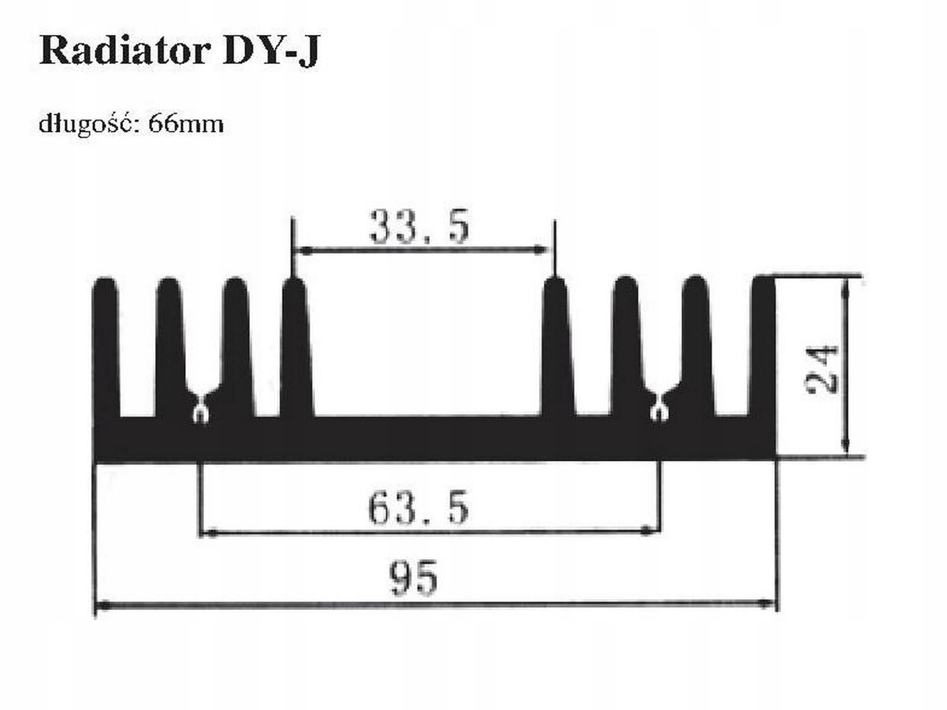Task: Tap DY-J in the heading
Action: [271, 52]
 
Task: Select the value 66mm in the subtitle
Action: [186, 124]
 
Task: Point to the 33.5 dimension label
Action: [419, 227]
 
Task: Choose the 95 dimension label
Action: [414, 578]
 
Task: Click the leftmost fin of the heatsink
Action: [107, 349]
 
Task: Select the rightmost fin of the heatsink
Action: [764, 349]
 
